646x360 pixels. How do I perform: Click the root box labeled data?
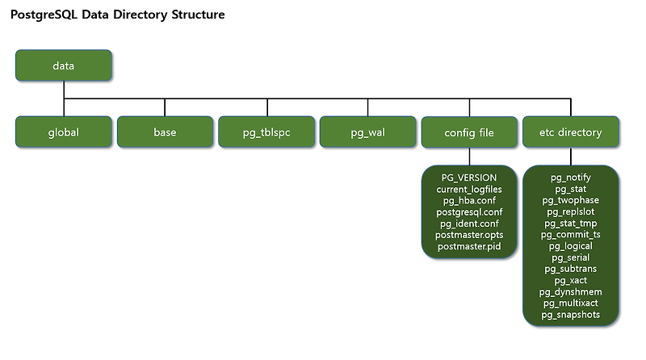pos(64,65)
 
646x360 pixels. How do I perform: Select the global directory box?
pos(64,132)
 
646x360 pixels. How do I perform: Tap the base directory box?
pos(165,132)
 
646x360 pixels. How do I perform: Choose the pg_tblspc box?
pos(266,132)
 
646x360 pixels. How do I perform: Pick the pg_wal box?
pos(367,132)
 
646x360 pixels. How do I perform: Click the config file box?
pos(469,132)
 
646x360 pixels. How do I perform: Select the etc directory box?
pos(571,132)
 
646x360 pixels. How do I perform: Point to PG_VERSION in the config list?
pos(469,177)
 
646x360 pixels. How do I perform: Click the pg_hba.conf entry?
pos(469,200)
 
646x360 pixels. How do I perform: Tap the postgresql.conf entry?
pos(469,211)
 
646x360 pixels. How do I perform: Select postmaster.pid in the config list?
pos(469,246)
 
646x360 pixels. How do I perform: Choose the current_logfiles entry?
pos(469,188)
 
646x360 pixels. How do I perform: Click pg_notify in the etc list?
pos(571,177)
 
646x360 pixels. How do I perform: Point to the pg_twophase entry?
pos(571,199)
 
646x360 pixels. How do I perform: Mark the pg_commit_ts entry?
pos(571,234)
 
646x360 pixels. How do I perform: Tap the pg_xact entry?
pos(571,280)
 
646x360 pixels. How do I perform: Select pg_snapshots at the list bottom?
pos(571,315)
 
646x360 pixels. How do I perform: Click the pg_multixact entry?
pos(571,303)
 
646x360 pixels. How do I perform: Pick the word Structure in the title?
pos(194,15)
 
